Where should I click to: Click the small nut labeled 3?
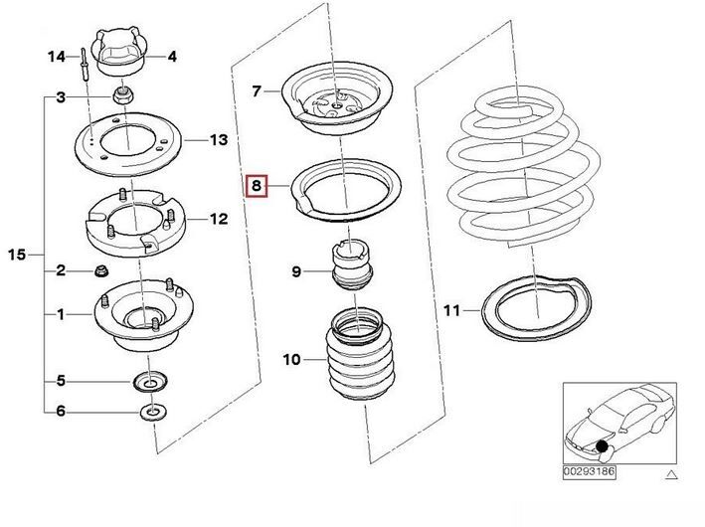pos(120,95)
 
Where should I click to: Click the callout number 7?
pos(257,91)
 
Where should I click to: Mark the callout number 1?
pos(61,314)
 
